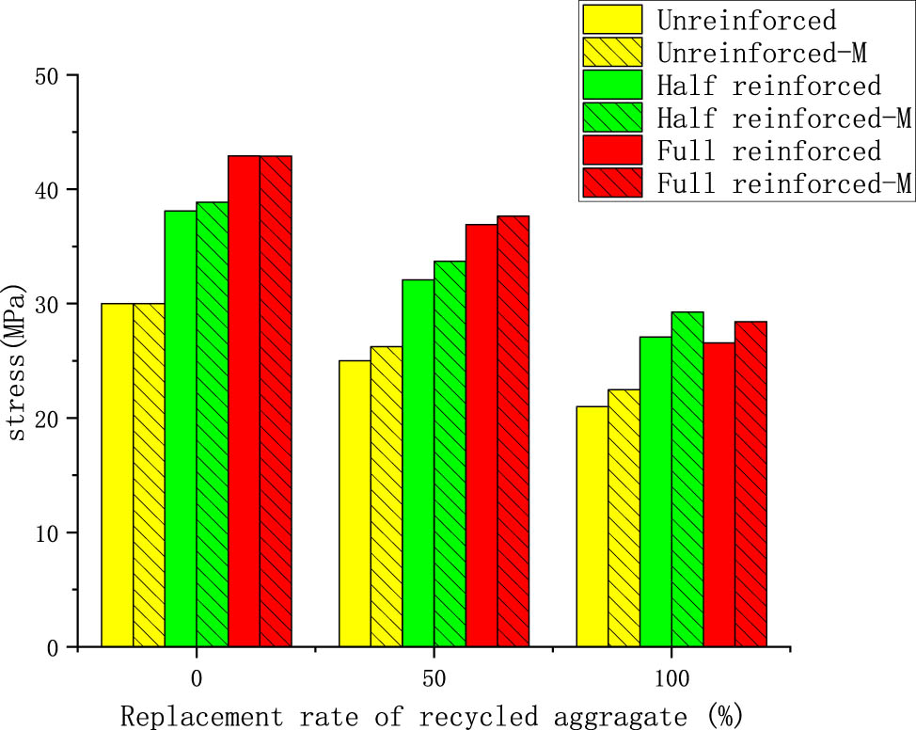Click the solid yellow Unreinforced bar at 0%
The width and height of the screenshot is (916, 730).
pyautogui.click(x=118, y=475)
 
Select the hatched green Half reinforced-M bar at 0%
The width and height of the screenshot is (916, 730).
pyautogui.click(x=212, y=424)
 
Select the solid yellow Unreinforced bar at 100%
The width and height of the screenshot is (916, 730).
pyautogui.click(x=592, y=527)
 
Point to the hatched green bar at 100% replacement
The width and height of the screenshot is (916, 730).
pyautogui.click(x=687, y=480)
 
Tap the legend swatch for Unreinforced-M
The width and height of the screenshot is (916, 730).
pyautogui.click(x=612, y=51)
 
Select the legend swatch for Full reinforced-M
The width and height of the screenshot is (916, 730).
pyautogui.click(x=612, y=182)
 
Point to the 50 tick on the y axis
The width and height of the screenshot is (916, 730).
pyautogui.click(x=79, y=75)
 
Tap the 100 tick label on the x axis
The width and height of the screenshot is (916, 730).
pyautogui.click(x=671, y=678)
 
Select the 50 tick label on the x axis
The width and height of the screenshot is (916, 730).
pyautogui.click(x=434, y=678)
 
